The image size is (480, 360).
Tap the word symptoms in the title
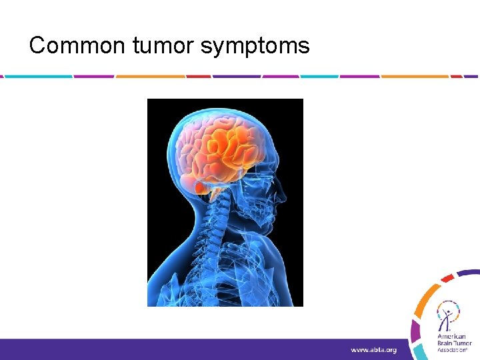[255, 45]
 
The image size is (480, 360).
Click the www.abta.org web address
[374, 350]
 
